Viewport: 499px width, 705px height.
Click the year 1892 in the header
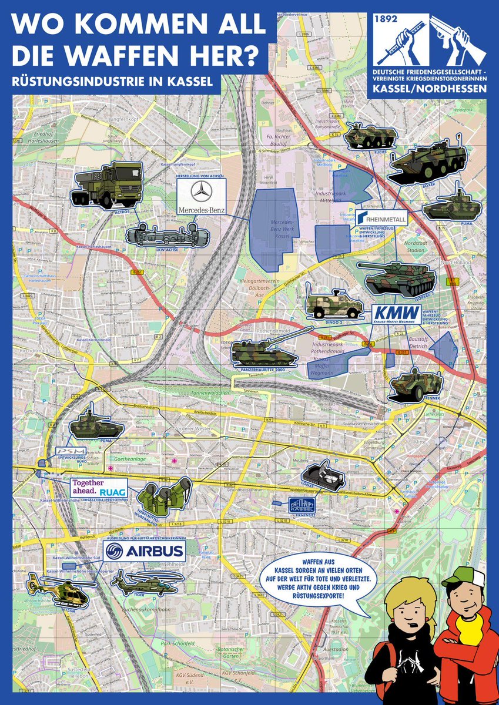click(x=387, y=19)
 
